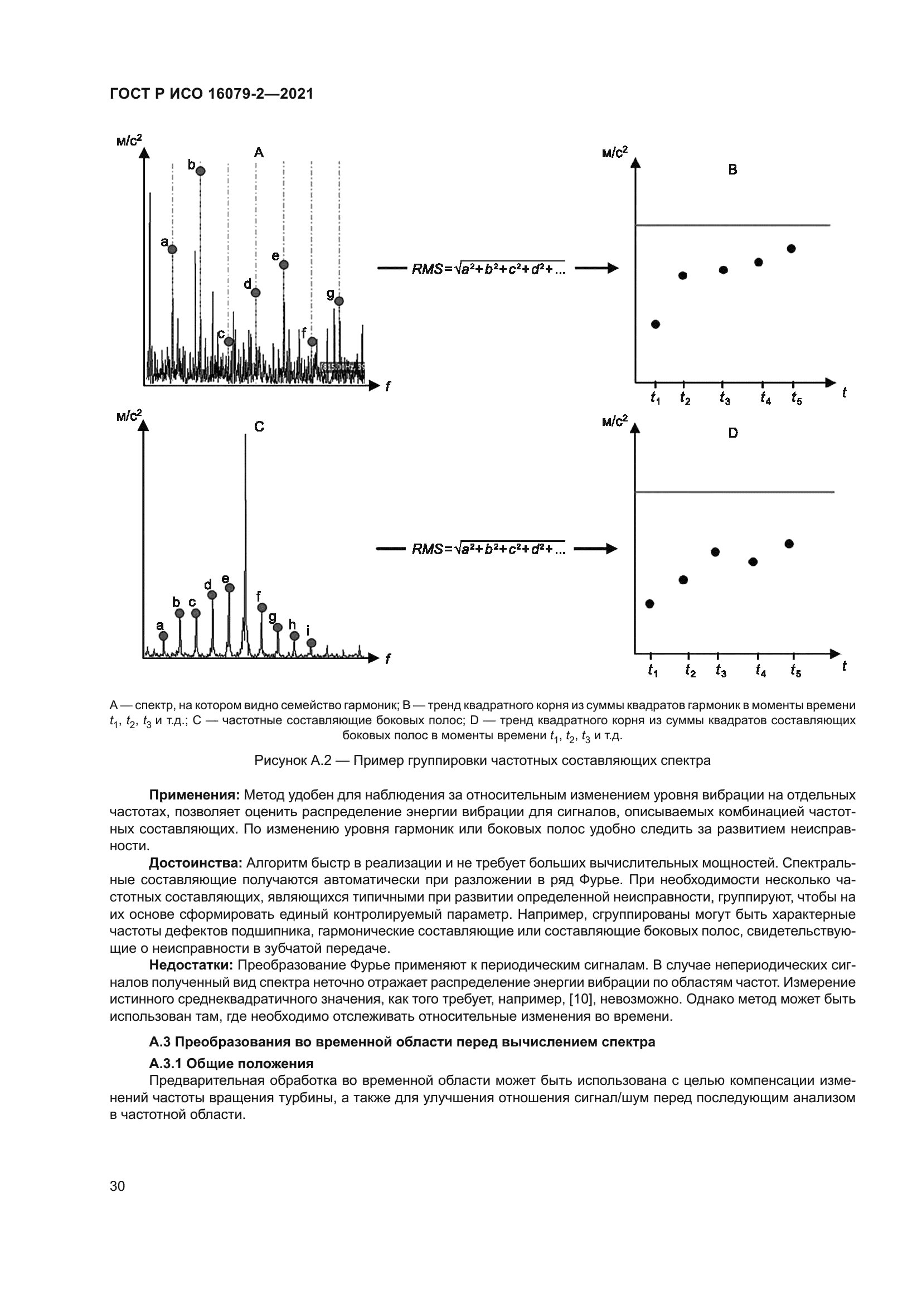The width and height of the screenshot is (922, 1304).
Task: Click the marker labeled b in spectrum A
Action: pyautogui.click(x=201, y=171)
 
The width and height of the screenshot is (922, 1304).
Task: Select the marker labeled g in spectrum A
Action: pyautogui.click(x=339, y=301)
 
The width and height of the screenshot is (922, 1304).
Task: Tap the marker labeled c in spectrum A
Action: pyautogui.click(x=229, y=341)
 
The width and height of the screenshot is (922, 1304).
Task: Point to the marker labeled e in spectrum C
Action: pyautogui.click(x=229, y=588)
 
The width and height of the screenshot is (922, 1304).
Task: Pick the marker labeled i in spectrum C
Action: pyautogui.click(x=311, y=642)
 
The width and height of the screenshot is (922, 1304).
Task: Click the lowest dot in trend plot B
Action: pyautogui.click(x=655, y=324)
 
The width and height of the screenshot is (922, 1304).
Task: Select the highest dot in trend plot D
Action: pyautogui.click(x=789, y=544)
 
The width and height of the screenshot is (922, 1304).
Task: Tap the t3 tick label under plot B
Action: pyautogui.click(x=725, y=399)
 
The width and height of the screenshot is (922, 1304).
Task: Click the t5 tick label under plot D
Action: pyautogui.click(x=795, y=671)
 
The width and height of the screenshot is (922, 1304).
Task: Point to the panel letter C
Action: pyautogui.click(x=259, y=426)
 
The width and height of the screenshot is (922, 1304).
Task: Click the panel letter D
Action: pyautogui.click(x=733, y=433)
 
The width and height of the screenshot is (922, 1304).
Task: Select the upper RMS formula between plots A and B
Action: pyautogui.click(x=488, y=269)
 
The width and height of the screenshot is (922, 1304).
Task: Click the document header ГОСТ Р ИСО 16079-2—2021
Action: pyautogui.click(x=212, y=94)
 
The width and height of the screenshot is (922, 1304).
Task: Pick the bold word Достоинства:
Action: pyautogui.click(x=196, y=863)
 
